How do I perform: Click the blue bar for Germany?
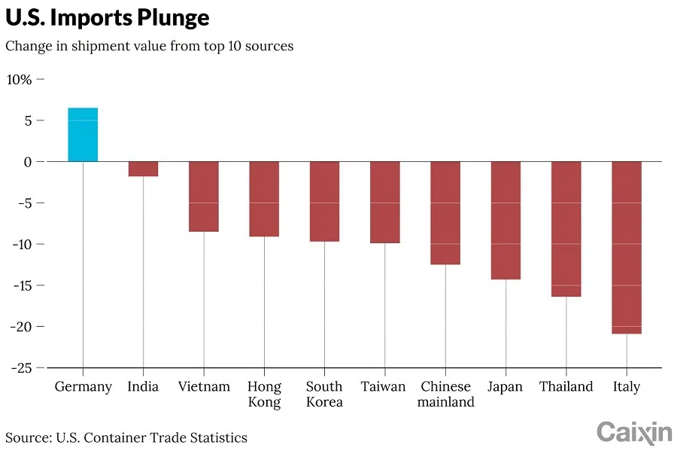pyautogui.click(x=83, y=135)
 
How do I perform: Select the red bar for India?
pyautogui.click(x=143, y=169)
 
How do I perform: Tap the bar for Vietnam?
pyautogui.click(x=204, y=197)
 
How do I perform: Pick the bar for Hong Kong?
pyautogui.click(x=264, y=199)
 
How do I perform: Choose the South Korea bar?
pyautogui.click(x=324, y=201)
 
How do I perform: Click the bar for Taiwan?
pyautogui.click(x=384, y=202)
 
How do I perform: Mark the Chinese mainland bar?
pyautogui.click(x=445, y=213)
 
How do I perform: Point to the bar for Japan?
pyautogui.click(x=505, y=220)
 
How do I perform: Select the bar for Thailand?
pyautogui.click(x=566, y=229)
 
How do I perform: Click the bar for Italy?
pyautogui.click(x=627, y=247)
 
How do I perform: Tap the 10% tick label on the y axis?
pyautogui.click(x=19, y=79)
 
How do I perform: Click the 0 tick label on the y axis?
pyautogui.click(x=27, y=162)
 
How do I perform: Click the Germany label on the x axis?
pyautogui.click(x=83, y=387)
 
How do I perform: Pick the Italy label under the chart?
pyautogui.click(x=627, y=387)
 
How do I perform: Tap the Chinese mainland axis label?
pyautogui.click(x=447, y=395)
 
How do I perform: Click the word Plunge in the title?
pyautogui.click(x=170, y=17)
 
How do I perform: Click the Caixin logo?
pyautogui.click(x=634, y=432)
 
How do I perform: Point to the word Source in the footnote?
pyautogui.click(x=25, y=437)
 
